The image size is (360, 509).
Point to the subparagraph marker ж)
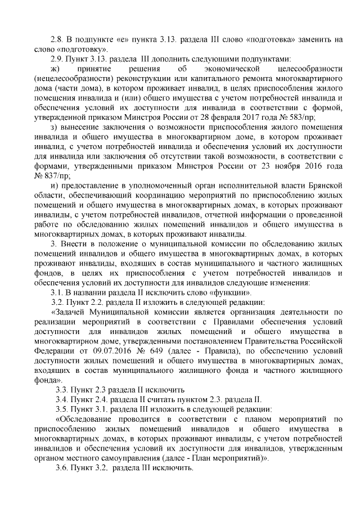pyautogui.click(x=55, y=69)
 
